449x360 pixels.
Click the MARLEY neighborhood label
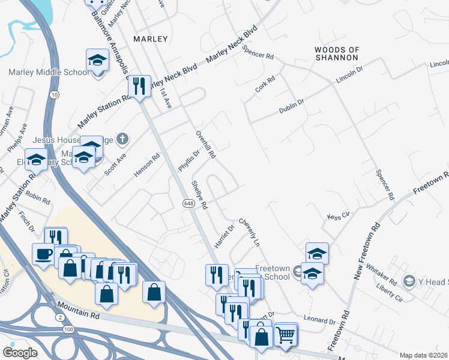tap(151, 38)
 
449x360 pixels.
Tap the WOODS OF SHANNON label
tap(337, 53)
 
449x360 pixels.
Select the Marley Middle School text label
tap(49, 73)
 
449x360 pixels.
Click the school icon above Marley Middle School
tap(97, 60)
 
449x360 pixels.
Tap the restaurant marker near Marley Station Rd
tap(139, 86)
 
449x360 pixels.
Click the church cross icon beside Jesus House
tap(122, 140)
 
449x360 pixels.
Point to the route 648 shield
tap(188, 205)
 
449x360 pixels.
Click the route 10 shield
tap(55, 95)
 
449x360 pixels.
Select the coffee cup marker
tap(43, 254)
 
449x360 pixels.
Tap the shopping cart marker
tap(286, 333)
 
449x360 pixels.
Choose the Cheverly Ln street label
tap(249, 233)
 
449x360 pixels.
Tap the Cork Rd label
tap(265, 83)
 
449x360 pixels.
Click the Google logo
tap(20, 352)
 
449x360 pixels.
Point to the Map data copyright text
tap(423, 355)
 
